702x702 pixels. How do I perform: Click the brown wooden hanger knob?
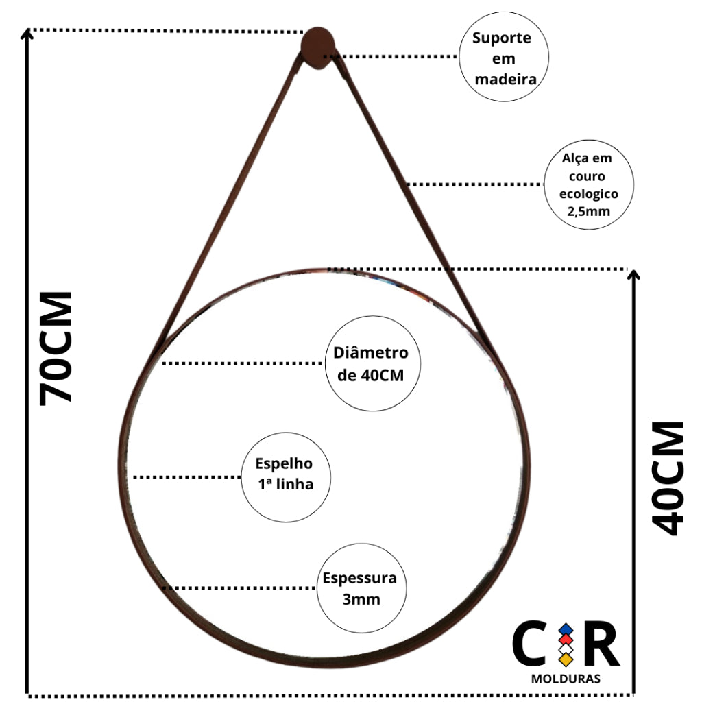(x=317, y=49)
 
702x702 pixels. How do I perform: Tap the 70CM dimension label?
(x=56, y=348)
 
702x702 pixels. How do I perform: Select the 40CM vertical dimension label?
(x=668, y=478)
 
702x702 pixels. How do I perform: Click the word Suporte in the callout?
(x=501, y=38)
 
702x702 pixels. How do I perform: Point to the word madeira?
(x=505, y=80)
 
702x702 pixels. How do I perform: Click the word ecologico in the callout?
(x=589, y=194)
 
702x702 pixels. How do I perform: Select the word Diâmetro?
(x=371, y=352)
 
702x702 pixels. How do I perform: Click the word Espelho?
(x=284, y=463)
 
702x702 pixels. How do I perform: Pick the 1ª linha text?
(x=286, y=484)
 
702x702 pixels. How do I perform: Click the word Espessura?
(x=359, y=578)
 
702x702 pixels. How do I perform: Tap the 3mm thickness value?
(x=361, y=599)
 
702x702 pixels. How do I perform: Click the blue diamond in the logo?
(x=566, y=630)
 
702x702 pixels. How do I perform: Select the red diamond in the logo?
(x=566, y=640)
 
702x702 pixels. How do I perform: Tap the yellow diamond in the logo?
(x=566, y=659)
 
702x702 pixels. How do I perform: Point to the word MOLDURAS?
(x=566, y=679)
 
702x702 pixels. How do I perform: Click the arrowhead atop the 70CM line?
(x=27, y=34)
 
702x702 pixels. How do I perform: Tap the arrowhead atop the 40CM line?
(x=633, y=274)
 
